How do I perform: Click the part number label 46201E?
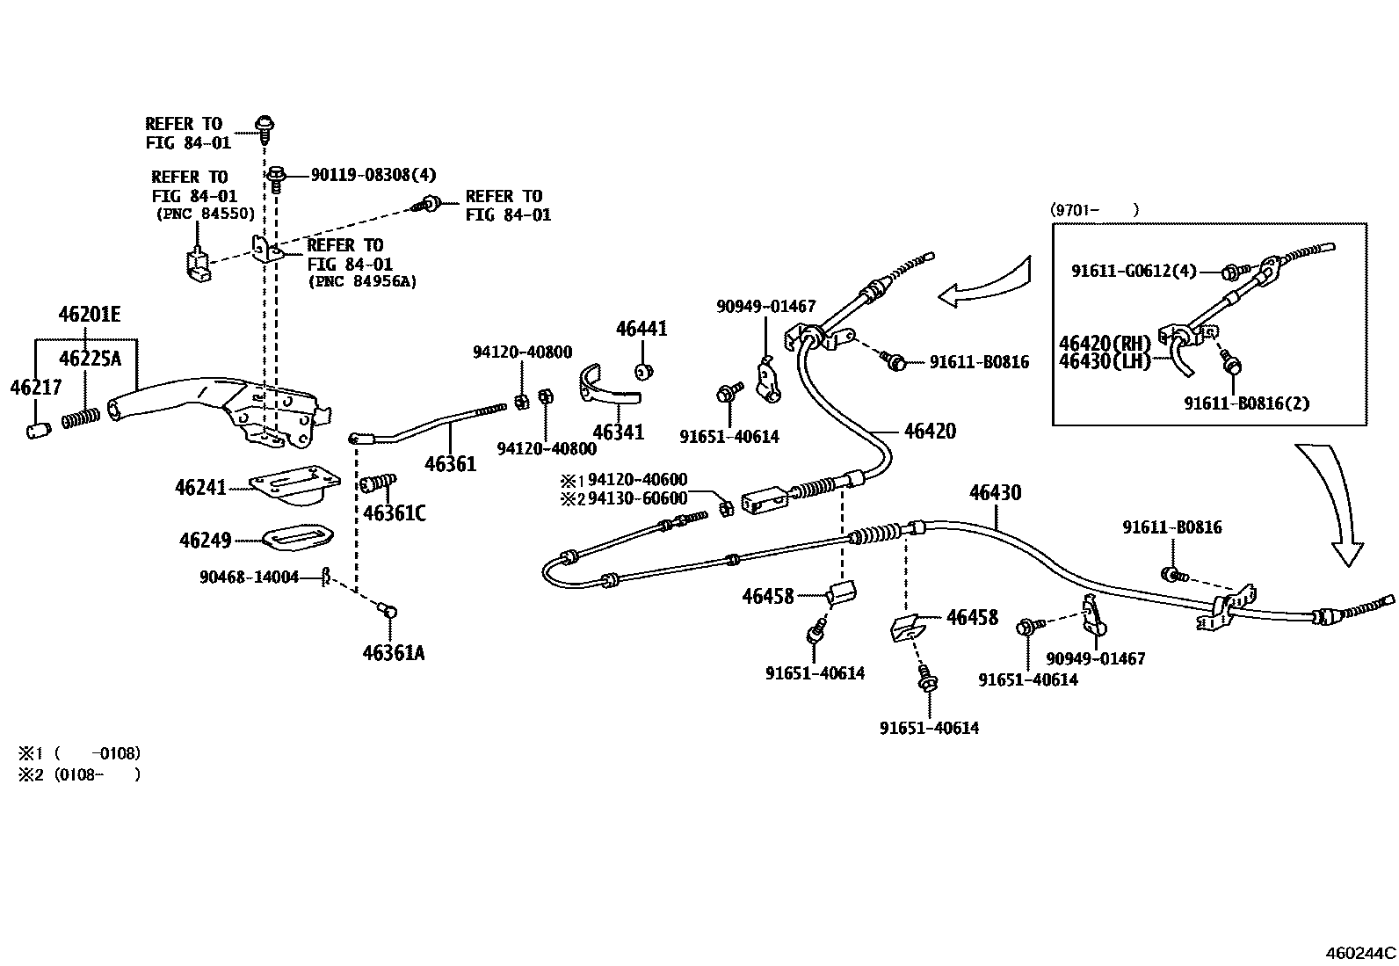point(90,314)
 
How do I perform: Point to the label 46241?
point(200,488)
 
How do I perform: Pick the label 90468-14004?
point(249,577)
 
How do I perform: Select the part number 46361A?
point(393,652)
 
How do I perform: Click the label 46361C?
point(394,513)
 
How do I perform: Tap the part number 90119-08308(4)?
point(373,175)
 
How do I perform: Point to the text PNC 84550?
point(206,214)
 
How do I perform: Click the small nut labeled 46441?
point(643,371)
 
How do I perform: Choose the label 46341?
point(618,432)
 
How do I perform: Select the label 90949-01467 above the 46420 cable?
point(765,307)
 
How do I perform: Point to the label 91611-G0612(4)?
point(1134,272)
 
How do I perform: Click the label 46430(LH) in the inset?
point(1105,361)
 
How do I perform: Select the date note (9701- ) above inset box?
point(1094,209)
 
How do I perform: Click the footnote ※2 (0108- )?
point(79,774)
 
